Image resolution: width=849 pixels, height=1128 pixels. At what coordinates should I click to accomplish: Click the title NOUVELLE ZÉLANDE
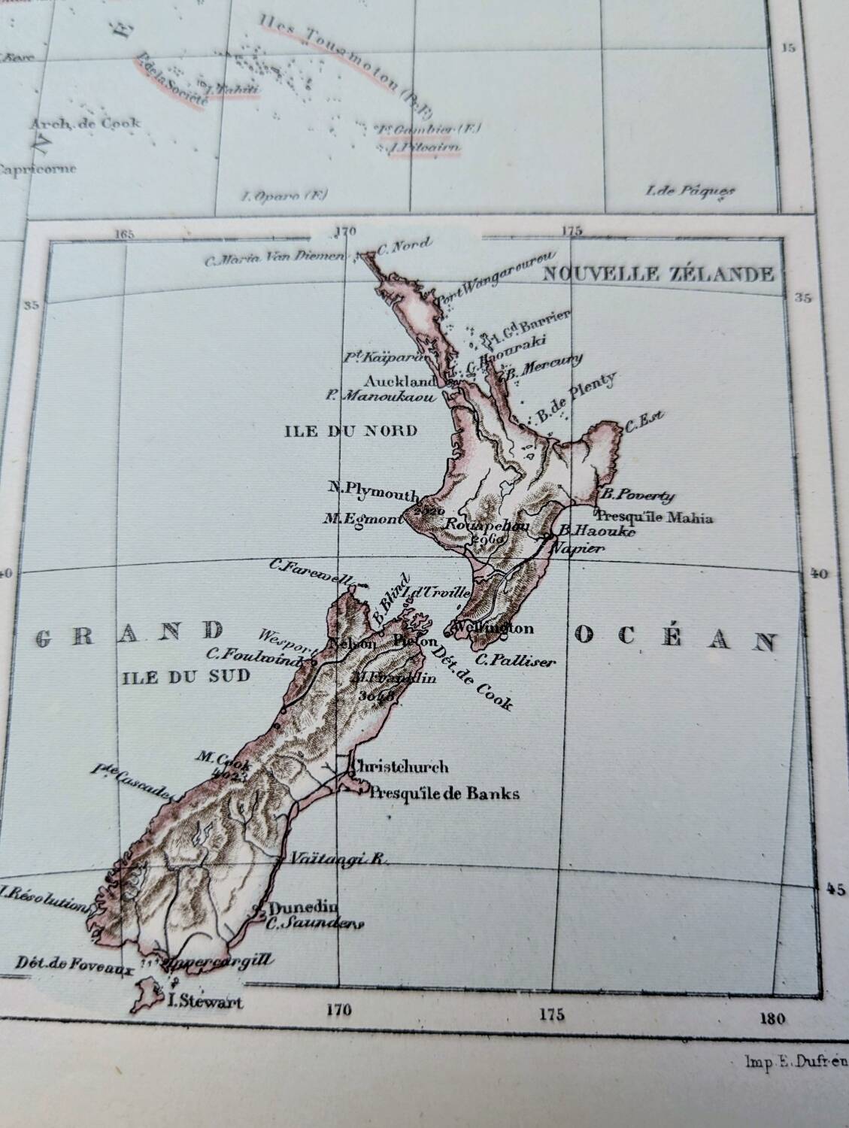[x=658, y=274]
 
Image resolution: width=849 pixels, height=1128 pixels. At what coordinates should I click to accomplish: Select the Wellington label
[x=494, y=629]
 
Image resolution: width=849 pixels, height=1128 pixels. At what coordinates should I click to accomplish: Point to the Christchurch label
[x=401, y=767]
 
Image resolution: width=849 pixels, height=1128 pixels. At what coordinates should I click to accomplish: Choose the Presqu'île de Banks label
[x=444, y=793]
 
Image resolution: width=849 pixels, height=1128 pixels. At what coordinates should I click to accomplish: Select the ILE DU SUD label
[x=184, y=676]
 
